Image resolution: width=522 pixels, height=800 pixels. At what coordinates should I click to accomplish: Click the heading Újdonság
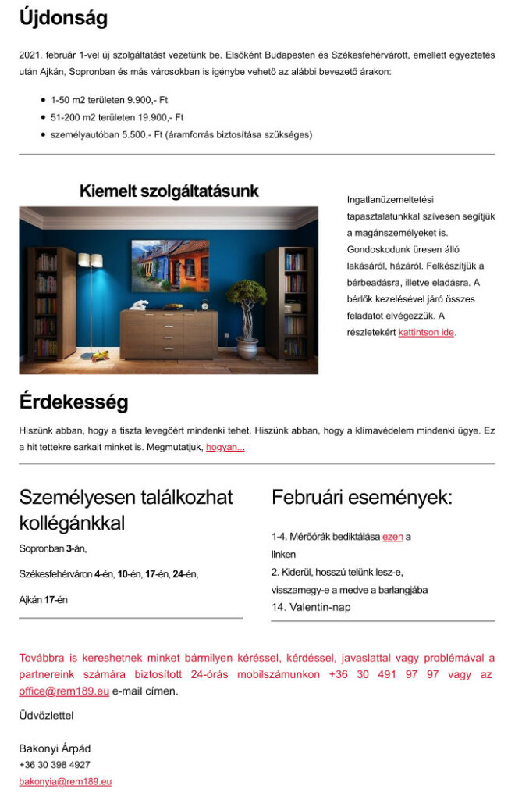point(63,19)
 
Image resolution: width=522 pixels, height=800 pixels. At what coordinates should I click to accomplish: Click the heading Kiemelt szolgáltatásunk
point(169,191)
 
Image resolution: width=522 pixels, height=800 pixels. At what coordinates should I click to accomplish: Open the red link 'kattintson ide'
point(426,332)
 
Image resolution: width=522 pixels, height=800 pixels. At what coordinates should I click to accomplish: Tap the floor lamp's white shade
point(91,260)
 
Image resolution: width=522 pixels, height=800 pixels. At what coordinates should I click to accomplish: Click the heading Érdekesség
point(73,402)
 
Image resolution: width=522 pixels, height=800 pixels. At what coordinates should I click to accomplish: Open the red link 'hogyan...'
point(225,447)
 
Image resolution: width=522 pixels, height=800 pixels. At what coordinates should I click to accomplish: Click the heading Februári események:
point(361,498)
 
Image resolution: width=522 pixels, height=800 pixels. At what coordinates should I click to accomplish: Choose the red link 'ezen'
point(392,537)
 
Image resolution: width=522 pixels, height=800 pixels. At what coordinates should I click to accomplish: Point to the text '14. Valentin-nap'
point(311,607)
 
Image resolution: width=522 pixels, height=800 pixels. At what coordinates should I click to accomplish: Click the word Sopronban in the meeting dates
point(41,548)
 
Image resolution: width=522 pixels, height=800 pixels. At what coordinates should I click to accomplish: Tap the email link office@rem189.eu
point(64,691)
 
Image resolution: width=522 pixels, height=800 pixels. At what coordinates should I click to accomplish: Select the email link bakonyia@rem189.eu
point(66,781)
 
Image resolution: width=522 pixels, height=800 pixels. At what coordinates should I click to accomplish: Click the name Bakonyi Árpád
point(55,748)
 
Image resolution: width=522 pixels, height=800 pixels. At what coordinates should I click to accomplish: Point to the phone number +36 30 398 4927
point(55,765)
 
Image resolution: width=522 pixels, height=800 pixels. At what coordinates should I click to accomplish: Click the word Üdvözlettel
point(47,715)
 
